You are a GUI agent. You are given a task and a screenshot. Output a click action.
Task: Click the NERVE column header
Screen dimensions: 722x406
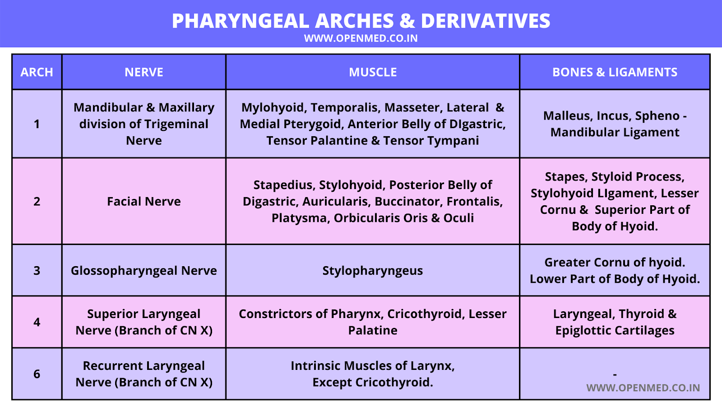[x=144, y=72]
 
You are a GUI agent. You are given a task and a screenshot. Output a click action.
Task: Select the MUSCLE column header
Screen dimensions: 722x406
[x=373, y=72]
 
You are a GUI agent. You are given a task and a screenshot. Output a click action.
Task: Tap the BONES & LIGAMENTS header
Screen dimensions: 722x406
[x=615, y=72]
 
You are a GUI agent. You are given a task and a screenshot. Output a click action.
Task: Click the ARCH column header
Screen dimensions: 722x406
[x=37, y=72]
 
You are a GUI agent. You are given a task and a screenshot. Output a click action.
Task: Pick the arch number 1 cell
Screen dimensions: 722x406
[x=37, y=124]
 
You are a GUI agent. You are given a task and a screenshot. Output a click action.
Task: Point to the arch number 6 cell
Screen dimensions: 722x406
[x=37, y=374]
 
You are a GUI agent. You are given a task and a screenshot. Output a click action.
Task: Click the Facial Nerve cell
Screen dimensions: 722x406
[x=144, y=201]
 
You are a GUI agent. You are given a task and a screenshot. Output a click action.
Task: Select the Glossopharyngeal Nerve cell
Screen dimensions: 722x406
[x=144, y=270]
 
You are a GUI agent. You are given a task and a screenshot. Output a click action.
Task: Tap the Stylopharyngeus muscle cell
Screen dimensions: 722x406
[x=373, y=271]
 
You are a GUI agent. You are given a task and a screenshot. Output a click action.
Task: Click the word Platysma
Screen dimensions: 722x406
[x=299, y=218]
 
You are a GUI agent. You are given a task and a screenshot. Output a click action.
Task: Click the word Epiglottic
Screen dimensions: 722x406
[x=583, y=331]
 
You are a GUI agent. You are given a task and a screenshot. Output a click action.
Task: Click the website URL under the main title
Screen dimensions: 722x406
[x=361, y=38]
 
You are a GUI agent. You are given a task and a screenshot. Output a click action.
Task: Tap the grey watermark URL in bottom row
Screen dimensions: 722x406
[x=643, y=388]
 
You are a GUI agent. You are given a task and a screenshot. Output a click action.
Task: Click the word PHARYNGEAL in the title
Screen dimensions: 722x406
[x=241, y=21]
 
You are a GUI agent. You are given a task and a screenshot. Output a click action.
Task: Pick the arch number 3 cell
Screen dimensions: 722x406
[x=37, y=271]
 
